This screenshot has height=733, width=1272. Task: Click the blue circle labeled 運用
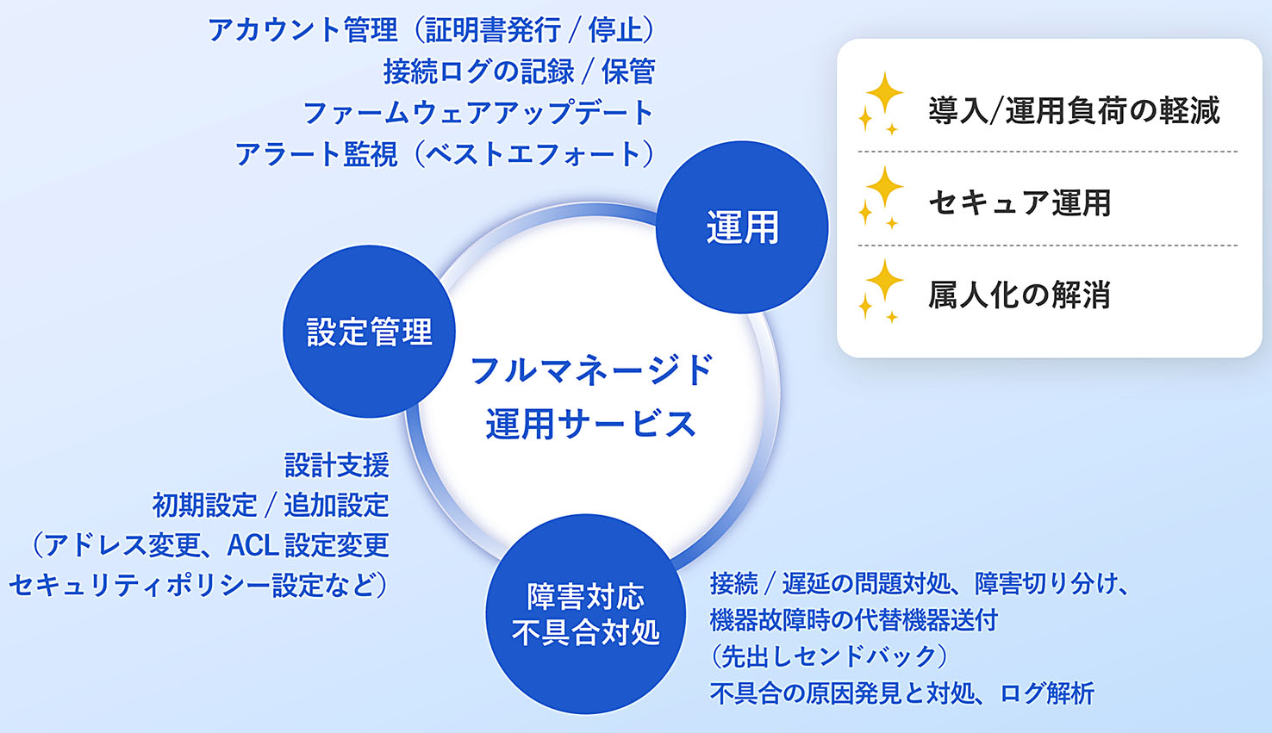742,227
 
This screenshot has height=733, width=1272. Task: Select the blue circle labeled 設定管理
369,332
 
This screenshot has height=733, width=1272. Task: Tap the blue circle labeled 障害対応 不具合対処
585,614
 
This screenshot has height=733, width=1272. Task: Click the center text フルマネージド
591,370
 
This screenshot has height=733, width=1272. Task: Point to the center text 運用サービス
591,424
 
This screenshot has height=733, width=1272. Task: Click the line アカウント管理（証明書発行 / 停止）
432,30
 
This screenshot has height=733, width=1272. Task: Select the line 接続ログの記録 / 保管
519,71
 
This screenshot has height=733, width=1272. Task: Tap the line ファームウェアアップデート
478,113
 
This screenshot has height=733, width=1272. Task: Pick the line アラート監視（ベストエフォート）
446,154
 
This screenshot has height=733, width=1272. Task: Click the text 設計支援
337,466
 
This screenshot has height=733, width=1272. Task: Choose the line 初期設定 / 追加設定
271,506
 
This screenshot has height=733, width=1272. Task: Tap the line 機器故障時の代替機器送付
854,619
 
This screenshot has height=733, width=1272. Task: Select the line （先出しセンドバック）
828,656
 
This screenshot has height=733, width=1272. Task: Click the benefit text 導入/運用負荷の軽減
1074,110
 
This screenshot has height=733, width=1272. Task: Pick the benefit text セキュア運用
1019,202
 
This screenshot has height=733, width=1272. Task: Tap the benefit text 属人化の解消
1019,295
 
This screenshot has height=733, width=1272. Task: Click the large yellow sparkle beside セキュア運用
885,186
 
